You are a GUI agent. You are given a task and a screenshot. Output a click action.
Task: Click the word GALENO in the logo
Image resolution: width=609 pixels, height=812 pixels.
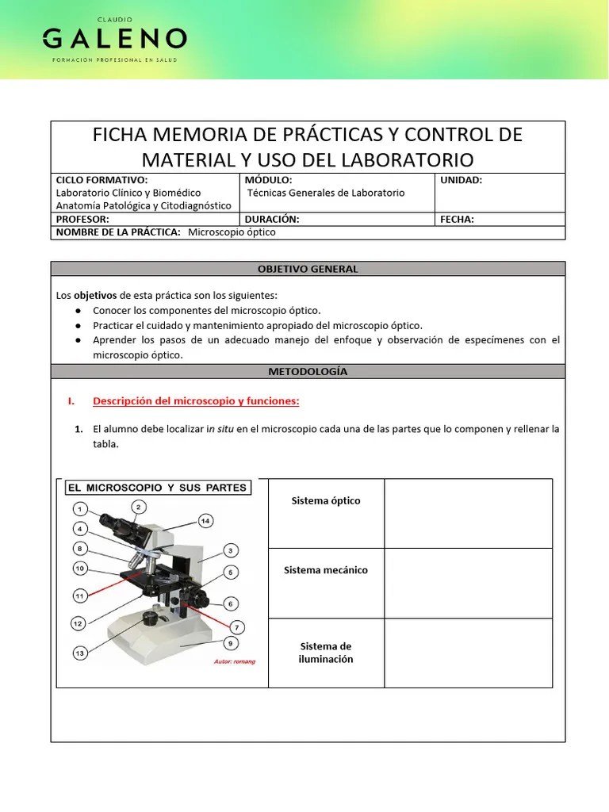(x=114, y=38)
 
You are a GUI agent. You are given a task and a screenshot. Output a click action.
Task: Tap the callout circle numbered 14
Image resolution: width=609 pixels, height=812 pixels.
(x=205, y=521)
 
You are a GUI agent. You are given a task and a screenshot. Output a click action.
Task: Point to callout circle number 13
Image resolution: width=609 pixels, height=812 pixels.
(x=80, y=653)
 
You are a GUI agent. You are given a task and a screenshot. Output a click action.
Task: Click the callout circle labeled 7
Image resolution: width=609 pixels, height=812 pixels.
(x=236, y=626)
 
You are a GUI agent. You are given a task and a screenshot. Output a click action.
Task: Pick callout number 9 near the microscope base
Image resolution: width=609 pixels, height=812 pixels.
(x=230, y=643)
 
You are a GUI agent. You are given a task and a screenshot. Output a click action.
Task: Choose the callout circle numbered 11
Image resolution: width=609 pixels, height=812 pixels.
(x=79, y=595)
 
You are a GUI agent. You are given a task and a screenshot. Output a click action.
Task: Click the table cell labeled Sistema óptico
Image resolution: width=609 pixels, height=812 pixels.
(x=325, y=500)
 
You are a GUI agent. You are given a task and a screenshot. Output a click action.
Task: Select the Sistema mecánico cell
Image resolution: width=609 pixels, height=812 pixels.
(x=325, y=570)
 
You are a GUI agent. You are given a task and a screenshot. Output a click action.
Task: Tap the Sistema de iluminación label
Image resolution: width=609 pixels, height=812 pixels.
(x=326, y=653)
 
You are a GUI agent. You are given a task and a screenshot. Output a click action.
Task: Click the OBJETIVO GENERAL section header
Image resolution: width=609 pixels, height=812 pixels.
(x=308, y=269)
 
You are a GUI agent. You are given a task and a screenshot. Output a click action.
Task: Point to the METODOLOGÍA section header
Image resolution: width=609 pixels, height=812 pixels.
(x=308, y=371)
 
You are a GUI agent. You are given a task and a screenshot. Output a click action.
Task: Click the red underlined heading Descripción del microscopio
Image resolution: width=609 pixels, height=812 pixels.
(x=196, y=401)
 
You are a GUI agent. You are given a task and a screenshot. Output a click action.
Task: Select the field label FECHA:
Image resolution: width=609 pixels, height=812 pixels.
(x=458, y=220)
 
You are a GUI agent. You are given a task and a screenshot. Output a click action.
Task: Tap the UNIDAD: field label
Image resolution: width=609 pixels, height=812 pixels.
(x=461, y=180)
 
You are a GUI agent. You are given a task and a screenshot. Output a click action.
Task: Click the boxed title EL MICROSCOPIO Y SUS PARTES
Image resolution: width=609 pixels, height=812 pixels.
(x=157, y=487)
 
